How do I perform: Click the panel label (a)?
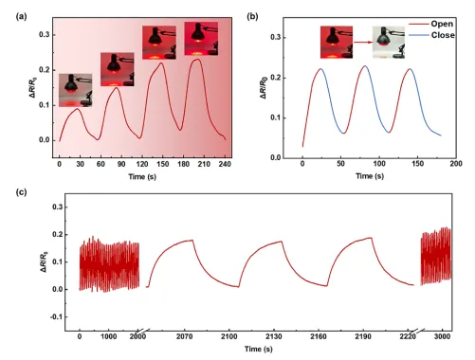pyautogui.click(x=22, y=16)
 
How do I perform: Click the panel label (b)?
pyautogui.click(x=252, y=16)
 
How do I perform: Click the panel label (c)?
pyautogui.click(x=21, y=192)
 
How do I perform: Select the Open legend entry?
pyautogui.click(x=431, y=24)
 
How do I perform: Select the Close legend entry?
pyautogui.click(x=431, y=35)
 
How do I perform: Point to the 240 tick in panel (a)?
pyautogui.click(x=225, y=164)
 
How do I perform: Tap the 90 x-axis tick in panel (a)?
pyautogui.click(x=121, y=164)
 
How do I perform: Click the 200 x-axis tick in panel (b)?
pyautogui.click(x=456, y=164)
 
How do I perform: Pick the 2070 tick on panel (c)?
pyautogui.click(x=184, y=336)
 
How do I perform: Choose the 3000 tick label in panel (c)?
pyautogui.click(x=442, y=336)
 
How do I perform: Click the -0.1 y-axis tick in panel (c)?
pyautogui.click(x=57, y=316)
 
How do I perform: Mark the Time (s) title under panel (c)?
pyautogui.click(x=258, y=349)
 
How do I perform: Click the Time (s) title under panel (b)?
pyautogui.click(x=370, y=176)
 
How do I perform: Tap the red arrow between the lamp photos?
pyautogui.click(x=363, y=42)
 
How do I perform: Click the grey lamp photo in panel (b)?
pyautogui.click(x=389, y=43)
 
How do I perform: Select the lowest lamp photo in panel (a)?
pyautogui.click(x=76, y=90)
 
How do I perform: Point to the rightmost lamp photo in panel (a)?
pyautogui.click(x=201, y=39)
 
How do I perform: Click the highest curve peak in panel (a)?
pyautogui.click(x=197, y=59)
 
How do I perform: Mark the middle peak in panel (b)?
pyautogui.click(x=365, y=66)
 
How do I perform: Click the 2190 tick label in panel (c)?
pyautogui.click(x=363, y=336)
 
